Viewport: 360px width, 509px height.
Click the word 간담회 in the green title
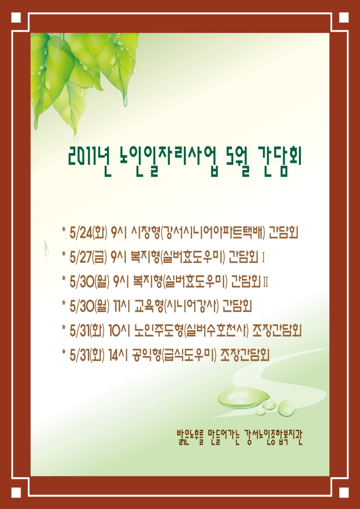[279, 159]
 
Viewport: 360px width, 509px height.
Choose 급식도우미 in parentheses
[189, 355]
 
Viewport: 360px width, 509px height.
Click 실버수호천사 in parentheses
[216, 331]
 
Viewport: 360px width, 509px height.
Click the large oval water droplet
[243, 397]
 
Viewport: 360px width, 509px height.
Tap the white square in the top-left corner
[16, 18]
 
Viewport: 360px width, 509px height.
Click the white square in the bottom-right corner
[344, 493]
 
